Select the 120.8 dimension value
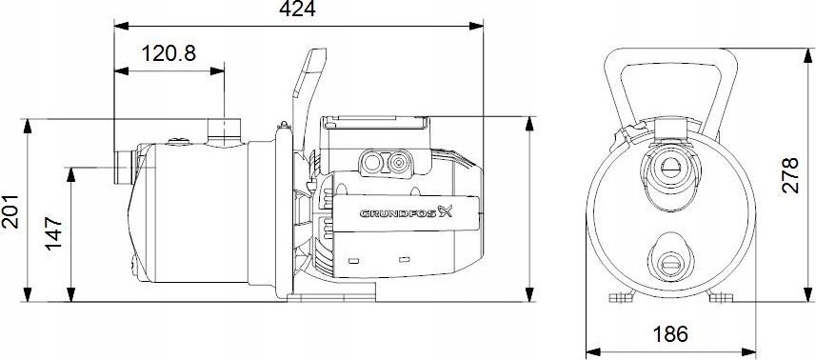(169, 53)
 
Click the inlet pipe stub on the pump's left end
(121, 167)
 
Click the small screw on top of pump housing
(177, 142)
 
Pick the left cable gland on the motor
(369, 163)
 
